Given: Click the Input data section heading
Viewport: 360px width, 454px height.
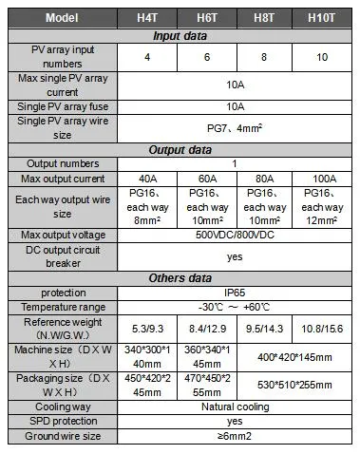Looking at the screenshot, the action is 180,35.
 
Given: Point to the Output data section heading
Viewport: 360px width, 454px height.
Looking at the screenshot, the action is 180,148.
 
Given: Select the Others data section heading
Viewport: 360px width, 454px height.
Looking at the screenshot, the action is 180,277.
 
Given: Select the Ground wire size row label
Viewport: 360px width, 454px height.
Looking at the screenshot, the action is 62,437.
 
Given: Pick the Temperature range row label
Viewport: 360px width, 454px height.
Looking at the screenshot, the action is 62,307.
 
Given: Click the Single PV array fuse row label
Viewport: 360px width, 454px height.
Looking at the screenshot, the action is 62,106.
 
